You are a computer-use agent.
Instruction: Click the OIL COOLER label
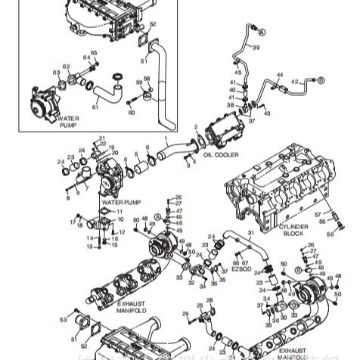pyautogui.click(x=221, y=154)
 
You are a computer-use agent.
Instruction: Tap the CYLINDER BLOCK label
pyautogui.click(x=293, y=229)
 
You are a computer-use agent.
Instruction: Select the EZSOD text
pyautogui.click(x=243, y=268)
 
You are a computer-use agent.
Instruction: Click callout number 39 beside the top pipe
pyautogui.click(x=256, y=48)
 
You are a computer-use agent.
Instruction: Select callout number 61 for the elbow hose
pyautogui.click(x=95, y=107)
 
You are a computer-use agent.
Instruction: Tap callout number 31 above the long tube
pyautogui.click(x=251, y=233)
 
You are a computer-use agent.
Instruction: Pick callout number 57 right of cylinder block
pyautogui.click(x=329, y=216)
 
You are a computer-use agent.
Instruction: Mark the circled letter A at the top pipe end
pyautogui.click(x=262, y=33)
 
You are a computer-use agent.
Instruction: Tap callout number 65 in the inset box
pyautogui.click(x=95, y=53)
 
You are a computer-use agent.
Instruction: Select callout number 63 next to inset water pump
pyautogui.click(x=56, y=73)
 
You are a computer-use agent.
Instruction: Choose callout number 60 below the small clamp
pyautogui.click(x=132, y=113)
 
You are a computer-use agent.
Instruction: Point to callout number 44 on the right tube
pyautogui.click(x=280, y=75)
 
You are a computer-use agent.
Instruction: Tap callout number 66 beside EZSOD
pyautogui.click(x=235, y=262)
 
